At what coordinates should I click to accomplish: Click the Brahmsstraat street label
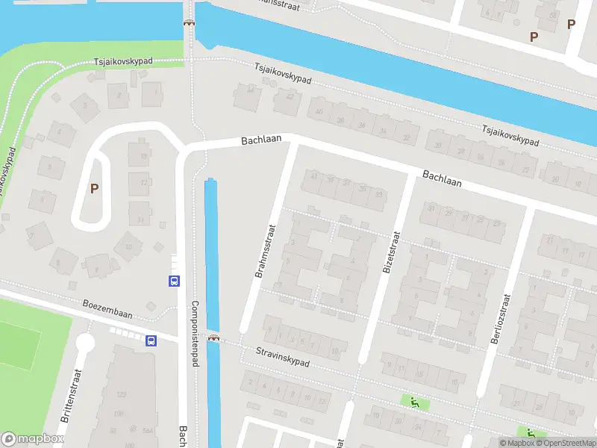pyautogui.click(x=266, y=251)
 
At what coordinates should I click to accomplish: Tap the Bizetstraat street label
pyautogui.click(x=390, y=251)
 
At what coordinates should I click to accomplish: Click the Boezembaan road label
pyautogui.click(x=107, y=310)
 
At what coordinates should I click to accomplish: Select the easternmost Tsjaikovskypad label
pyautogui.click(x=510, y=135)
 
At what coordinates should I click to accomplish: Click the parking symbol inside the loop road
pyautogui.click(x=94, y=188)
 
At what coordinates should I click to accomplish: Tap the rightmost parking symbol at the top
pyautogui.click(x=571, y=24)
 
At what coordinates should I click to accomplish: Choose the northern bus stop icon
pyautogui.click(x=173, y=281)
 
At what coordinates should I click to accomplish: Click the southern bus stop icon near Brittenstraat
pyautogui.click(x=151, y=341)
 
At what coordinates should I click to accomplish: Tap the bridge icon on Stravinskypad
pyautogui.click(x=214, y=337)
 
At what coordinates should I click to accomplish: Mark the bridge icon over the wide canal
pyautogui.click(x=190, y=22)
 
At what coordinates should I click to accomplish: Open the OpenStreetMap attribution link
pyautogui.click(x=563, y=443)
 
